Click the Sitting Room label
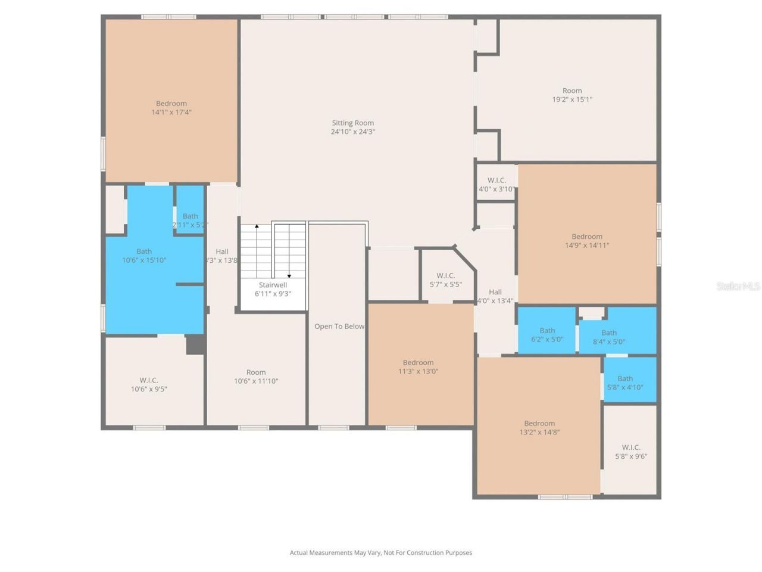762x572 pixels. click(x=353, y=123)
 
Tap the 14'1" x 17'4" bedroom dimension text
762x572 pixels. click(x=171, y=112)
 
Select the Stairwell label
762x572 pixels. click(x=273, y=285)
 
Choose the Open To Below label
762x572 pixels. click(x=339, y=327)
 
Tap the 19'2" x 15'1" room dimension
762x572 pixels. click(x=572, y=100)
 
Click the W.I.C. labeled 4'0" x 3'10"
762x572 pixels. click(x=496, y=185)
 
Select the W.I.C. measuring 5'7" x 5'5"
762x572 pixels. click(x=445, y=280)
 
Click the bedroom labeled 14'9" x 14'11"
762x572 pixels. click(x=587, y=241)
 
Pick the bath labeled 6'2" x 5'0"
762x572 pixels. click(x=547, y=335)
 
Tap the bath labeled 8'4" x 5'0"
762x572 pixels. click(x=609, y=337)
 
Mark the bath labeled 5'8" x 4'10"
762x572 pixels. click(x=625, y=383)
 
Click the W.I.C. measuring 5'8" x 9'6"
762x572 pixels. click(x=631, y=452)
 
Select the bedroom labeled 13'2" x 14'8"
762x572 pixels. click(x=539, y=428)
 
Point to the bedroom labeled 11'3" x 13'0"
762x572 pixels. click(x=418, y=366)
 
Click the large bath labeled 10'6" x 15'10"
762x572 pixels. click(x=144, y=256)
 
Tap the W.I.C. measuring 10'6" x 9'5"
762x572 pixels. click(x=149, y=384)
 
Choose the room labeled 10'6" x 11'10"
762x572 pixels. click(x=256, y=377)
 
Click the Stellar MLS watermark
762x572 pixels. click(x=738, y=287)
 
